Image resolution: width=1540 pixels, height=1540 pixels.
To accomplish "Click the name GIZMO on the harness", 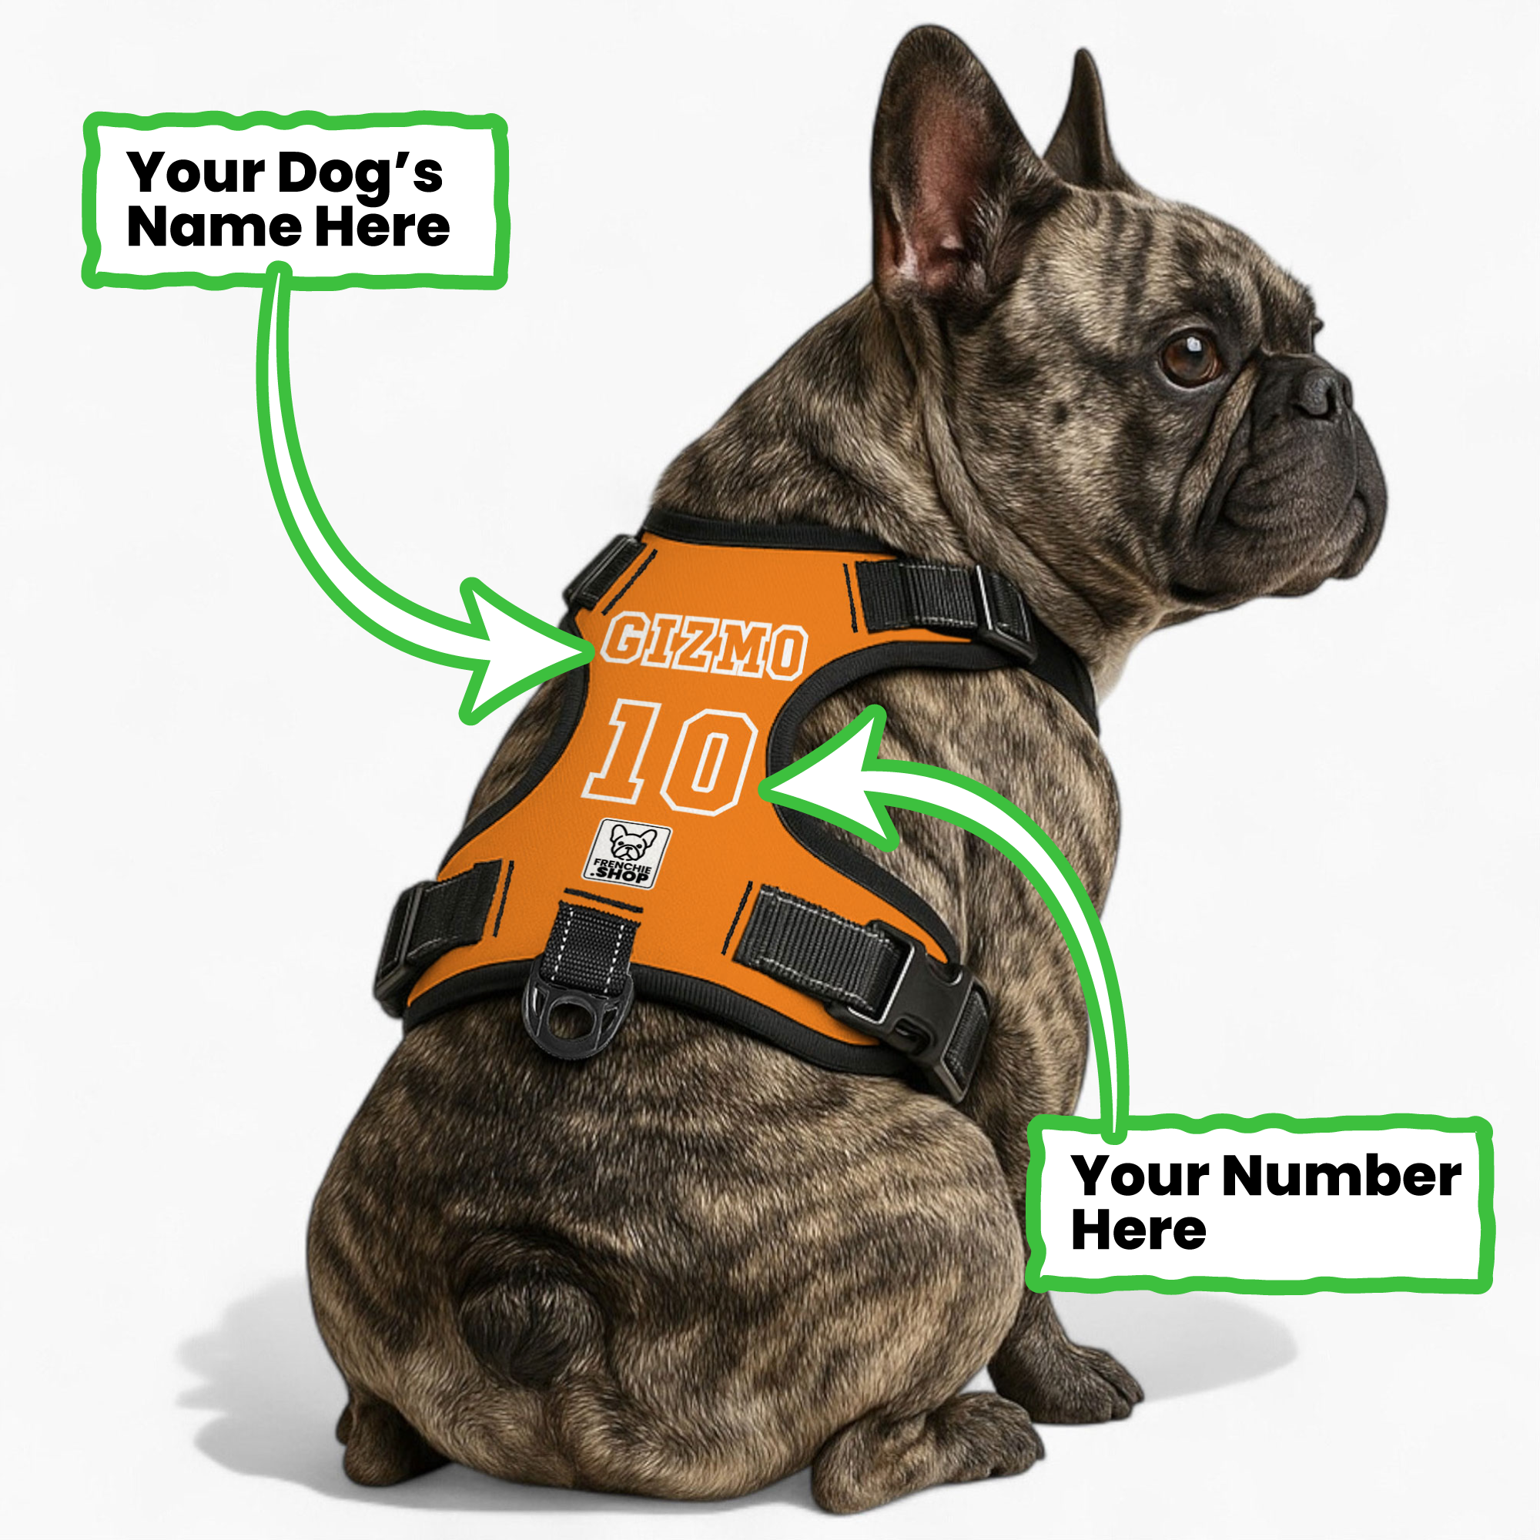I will pos(703,646).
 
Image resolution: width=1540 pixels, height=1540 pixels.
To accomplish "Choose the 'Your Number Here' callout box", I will pos(1260,1204).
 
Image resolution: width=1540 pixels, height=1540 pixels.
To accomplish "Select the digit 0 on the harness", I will pos(708,761).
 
